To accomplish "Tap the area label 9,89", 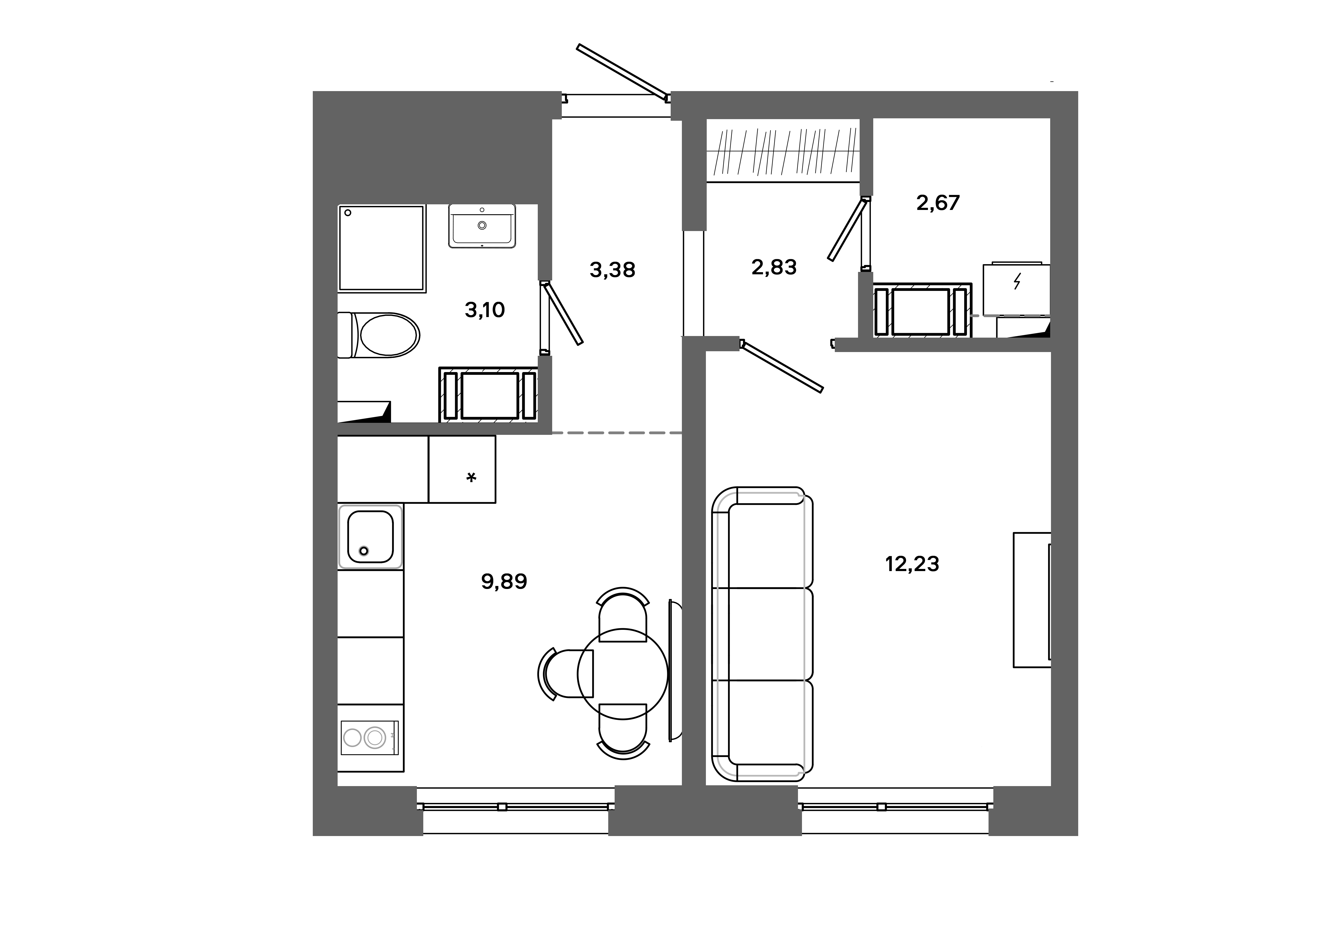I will point(504,581).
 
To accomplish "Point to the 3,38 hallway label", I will point(612,270).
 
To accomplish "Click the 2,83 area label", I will point(774,267).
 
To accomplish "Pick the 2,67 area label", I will point(938,203).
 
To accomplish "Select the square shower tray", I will point(382,248).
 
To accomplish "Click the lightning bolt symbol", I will point(1017,282).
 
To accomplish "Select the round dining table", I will point(623,674).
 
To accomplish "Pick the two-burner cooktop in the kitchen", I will point(369,737).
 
